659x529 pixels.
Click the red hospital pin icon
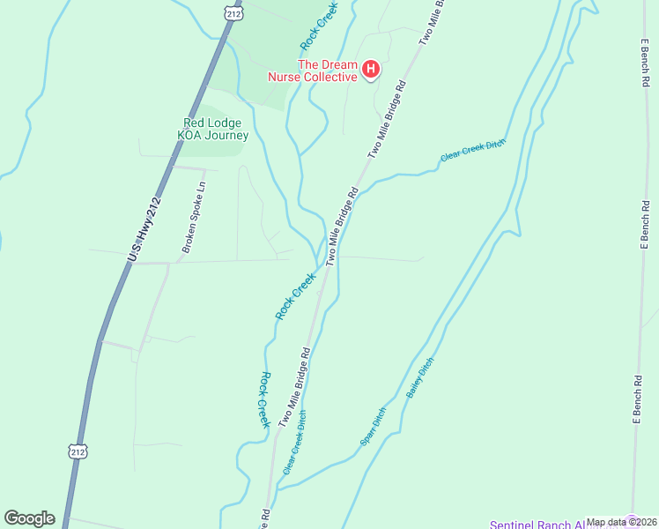tap(371, 69)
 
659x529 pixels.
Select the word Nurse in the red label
tap(285, 77)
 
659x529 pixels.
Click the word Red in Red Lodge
tap(194, 123)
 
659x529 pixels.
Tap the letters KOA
tap(191, 136)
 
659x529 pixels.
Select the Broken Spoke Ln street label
tap(194, 217)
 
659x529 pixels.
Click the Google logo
tap(29, 518)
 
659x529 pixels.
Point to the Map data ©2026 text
tap(622, 522)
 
